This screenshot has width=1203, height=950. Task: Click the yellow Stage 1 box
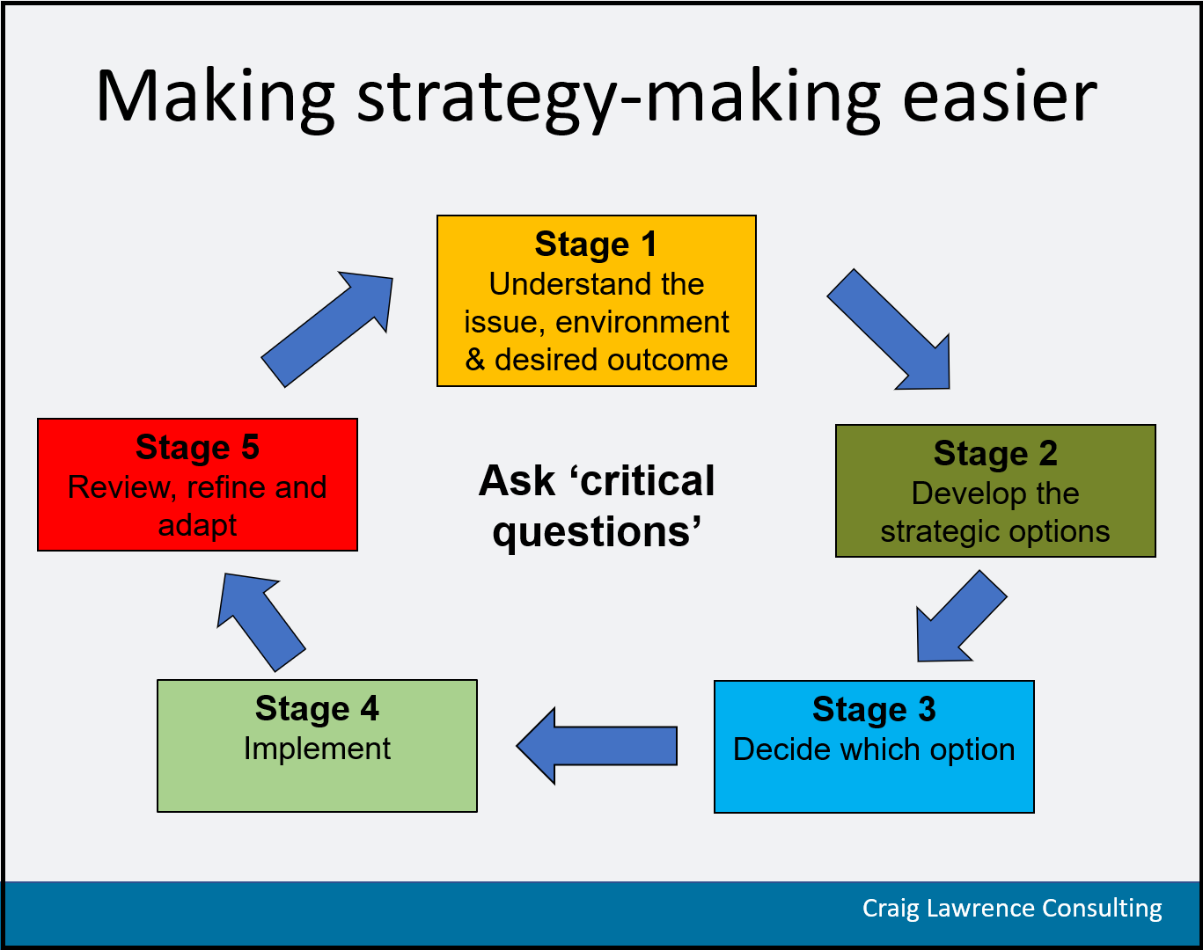pos(597,301)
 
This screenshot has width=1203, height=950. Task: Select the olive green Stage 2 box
pos(995,491)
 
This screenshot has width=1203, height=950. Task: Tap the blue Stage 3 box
pos(874,747)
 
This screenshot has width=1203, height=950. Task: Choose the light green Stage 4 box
pos(317,745)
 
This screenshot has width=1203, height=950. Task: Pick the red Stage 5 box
pos(197,485)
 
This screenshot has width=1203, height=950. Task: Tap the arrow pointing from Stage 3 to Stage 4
pos(597,746)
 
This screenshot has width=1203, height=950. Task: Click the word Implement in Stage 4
pos(317,749)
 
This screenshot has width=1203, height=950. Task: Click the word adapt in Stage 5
pos(197,526)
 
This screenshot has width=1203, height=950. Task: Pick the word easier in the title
pos(1000,96)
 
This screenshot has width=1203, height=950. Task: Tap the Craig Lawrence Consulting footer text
pos(1012,909)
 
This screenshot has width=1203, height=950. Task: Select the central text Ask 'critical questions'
pos(597,506)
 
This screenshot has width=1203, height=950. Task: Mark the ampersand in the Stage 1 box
pos(474,359)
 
